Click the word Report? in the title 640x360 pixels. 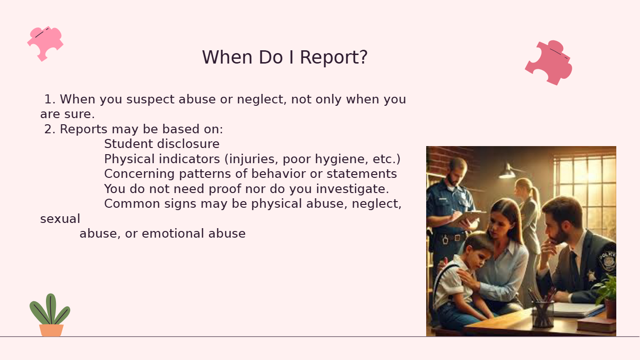coord(333,57)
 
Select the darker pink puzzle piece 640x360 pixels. coord(549,63)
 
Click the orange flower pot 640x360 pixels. coord(51,330)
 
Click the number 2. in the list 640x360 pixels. coord(50,129)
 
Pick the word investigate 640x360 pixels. coord(353,189)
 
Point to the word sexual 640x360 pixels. coord(60,219)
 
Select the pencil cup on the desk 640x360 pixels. coord(542,313)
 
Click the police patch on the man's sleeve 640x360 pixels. coord(608,260)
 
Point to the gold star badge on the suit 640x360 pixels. coord(591,276)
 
